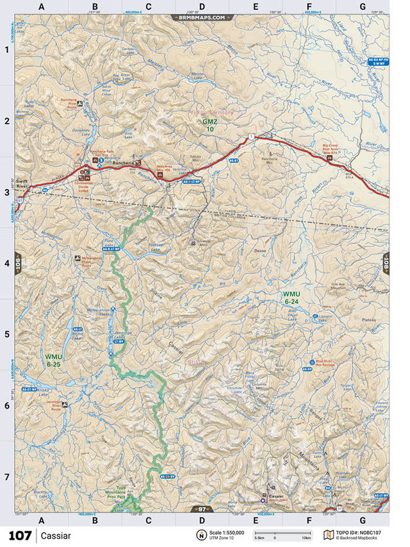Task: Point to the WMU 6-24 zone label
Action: [x=291, y=297]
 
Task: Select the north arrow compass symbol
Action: [x=201, y=535]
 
